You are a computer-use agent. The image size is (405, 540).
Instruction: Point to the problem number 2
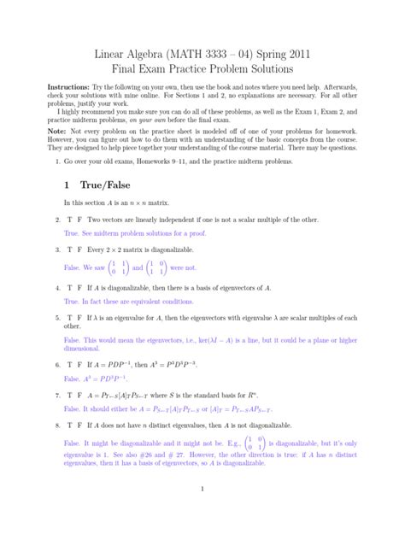pos(56,220)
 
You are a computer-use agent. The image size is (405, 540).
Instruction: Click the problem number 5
pos(56,317)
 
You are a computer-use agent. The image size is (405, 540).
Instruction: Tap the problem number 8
pos(56,424)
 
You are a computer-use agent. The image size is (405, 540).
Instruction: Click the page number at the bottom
pos(202,513)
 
